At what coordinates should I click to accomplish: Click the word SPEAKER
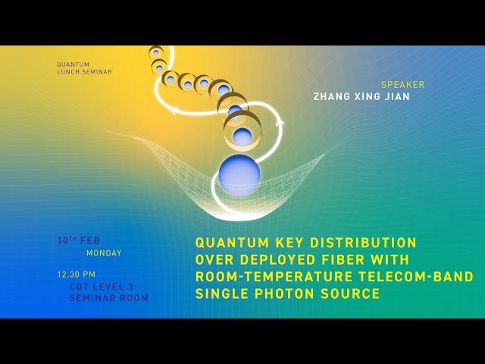click(x=402, y=85)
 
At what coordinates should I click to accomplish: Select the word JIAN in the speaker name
click(x=395, y=97)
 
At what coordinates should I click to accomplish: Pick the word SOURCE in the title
click(x=354, y=293)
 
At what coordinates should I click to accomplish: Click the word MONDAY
click(x=104, y=253)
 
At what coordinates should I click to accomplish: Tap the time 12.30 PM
click(x=77, y=275)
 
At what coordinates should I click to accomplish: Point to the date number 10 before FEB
click(x=63, y=240)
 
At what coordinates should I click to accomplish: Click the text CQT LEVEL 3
click(x=101, y=287)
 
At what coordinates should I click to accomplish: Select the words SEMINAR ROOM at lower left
click(x=108, y=298)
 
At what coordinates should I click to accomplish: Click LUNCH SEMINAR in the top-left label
click(x=85, y=72)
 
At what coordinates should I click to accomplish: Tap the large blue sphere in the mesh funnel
click(x=239, y=174)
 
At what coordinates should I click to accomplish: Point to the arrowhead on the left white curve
click(x=174, y=111)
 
